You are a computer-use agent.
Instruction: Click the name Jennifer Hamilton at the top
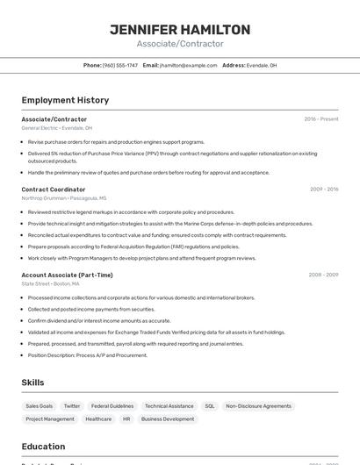pos(180,30)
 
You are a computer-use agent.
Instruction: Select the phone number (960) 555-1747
pos(119,65)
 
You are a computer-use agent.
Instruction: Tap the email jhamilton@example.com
pos(188,65)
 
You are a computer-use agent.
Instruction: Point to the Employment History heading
pos(65,100)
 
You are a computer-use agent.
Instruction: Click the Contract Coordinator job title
pos(54,190)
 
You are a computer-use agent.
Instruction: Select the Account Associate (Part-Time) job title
pos(67,275)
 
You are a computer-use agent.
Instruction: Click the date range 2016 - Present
pos(320,119)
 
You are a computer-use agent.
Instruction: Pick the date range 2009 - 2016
pos(324,190)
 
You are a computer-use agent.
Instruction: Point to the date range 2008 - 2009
pos(323,275)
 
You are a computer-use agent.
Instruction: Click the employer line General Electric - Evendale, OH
pos(56,128)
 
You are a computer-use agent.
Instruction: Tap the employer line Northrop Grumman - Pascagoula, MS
pos(63,198)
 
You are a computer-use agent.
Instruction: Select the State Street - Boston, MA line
pos(50,284)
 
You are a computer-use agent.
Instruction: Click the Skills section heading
pos(32,383)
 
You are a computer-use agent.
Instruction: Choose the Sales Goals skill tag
pos(40,406)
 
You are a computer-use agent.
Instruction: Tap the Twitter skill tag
pos(72,406)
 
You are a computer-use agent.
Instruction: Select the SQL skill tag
pos(210,406)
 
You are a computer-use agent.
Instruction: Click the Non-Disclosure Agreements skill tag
pos(258,406)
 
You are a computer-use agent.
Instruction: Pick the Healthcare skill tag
pos(98,419)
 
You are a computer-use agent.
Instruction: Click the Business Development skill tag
pos(168,419)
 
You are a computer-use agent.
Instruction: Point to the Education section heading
pos(43,447)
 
